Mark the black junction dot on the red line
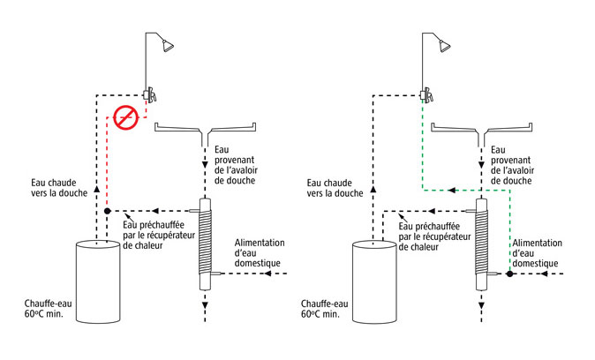tap(107, 212)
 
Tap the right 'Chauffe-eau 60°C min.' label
tap(324, 309)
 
